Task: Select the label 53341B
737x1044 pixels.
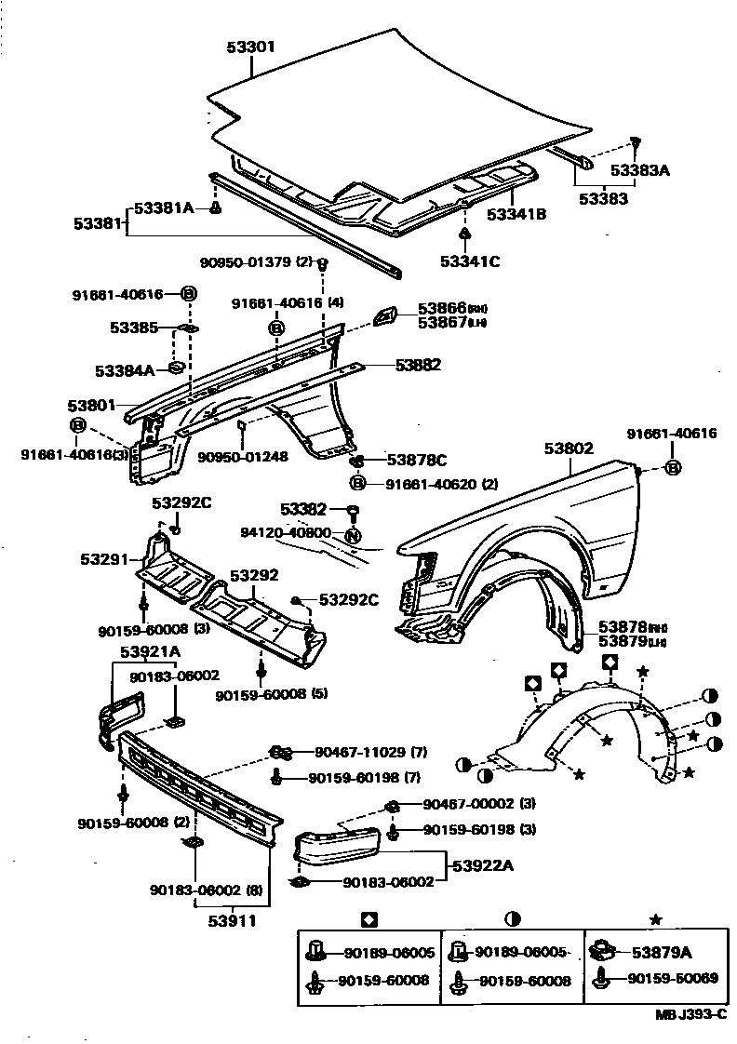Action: (x=516, y=215)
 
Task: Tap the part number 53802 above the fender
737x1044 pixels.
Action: (x=569, y=448)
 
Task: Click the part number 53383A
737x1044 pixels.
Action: (x=640, y=170)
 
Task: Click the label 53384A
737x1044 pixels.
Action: (x=125, y=370)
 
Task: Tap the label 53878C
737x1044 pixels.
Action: (x=417, y=460)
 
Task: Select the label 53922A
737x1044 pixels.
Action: (x=485, y=866)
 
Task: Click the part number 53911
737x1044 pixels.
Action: (x=231, y=921)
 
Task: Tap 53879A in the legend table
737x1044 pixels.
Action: (x=662, y=951)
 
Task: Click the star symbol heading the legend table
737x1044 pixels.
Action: (x=655, y=919)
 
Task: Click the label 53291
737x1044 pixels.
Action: (x=102, y=560)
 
